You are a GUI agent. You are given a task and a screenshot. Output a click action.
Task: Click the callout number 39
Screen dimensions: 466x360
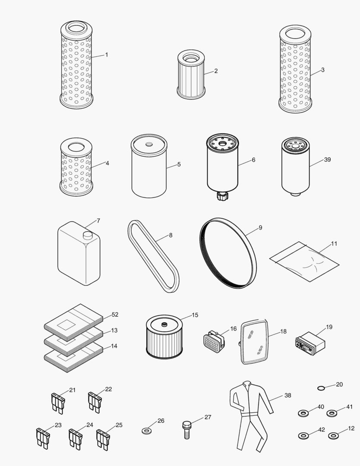click(327, 160)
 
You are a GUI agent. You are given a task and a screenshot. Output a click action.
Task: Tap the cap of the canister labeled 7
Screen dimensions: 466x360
click(88, 235)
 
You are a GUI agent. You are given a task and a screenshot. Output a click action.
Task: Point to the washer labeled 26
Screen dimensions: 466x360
click(147, 430)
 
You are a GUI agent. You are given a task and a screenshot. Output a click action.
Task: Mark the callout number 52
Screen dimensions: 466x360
click(115, 315)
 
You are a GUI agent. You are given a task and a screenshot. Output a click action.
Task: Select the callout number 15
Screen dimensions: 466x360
click(195, 315)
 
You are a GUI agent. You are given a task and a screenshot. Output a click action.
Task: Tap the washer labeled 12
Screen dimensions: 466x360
click(333, 436)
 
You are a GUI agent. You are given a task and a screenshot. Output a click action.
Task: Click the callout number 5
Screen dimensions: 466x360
click(179, 164)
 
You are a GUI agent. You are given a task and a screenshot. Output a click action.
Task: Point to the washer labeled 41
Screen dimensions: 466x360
click(332, 413)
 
